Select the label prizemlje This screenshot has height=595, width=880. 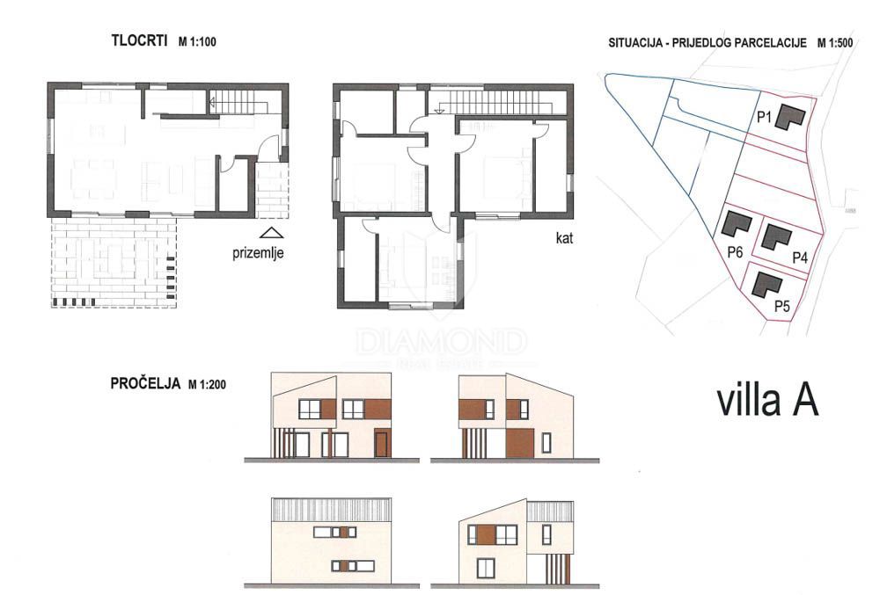pos(259,253)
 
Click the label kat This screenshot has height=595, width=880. pos(564,237)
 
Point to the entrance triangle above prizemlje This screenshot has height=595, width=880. pos(273,233)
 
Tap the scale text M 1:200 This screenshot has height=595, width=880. pos(209,385)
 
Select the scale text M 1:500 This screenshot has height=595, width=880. pos(836,42)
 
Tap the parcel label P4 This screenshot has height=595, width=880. pos(800,258)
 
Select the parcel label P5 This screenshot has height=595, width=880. pos(781,306)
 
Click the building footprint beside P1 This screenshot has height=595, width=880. pos(790,117)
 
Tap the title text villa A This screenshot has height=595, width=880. pos(767,399)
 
